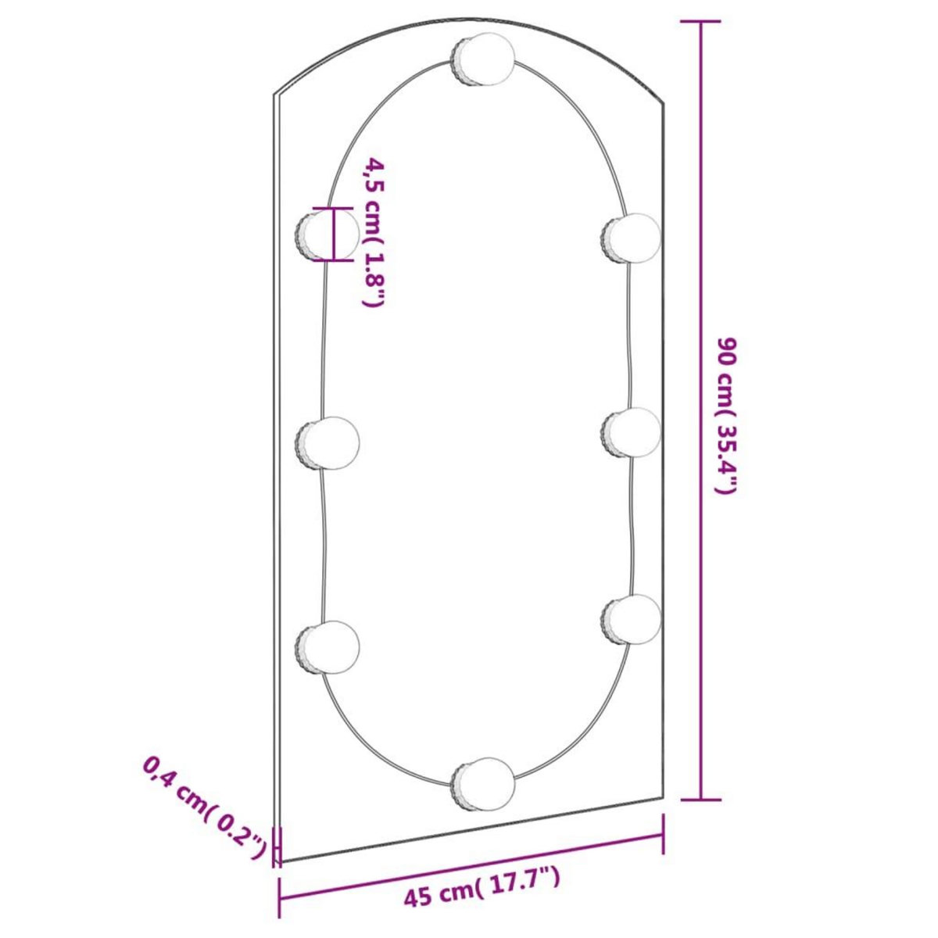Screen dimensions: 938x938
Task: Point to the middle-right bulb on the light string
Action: point(632,432)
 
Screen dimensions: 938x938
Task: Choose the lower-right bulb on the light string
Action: point(632,619)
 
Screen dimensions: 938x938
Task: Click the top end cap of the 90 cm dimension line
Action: point(700,22)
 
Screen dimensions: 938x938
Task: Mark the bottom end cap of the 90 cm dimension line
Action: point(700,799)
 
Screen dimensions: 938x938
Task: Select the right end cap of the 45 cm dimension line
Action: point(664,834)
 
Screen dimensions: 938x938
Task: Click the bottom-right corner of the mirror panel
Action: point(664,799)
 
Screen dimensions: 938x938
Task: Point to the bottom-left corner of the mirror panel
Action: point(281,862)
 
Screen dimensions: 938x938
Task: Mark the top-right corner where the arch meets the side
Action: point(664,103)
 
